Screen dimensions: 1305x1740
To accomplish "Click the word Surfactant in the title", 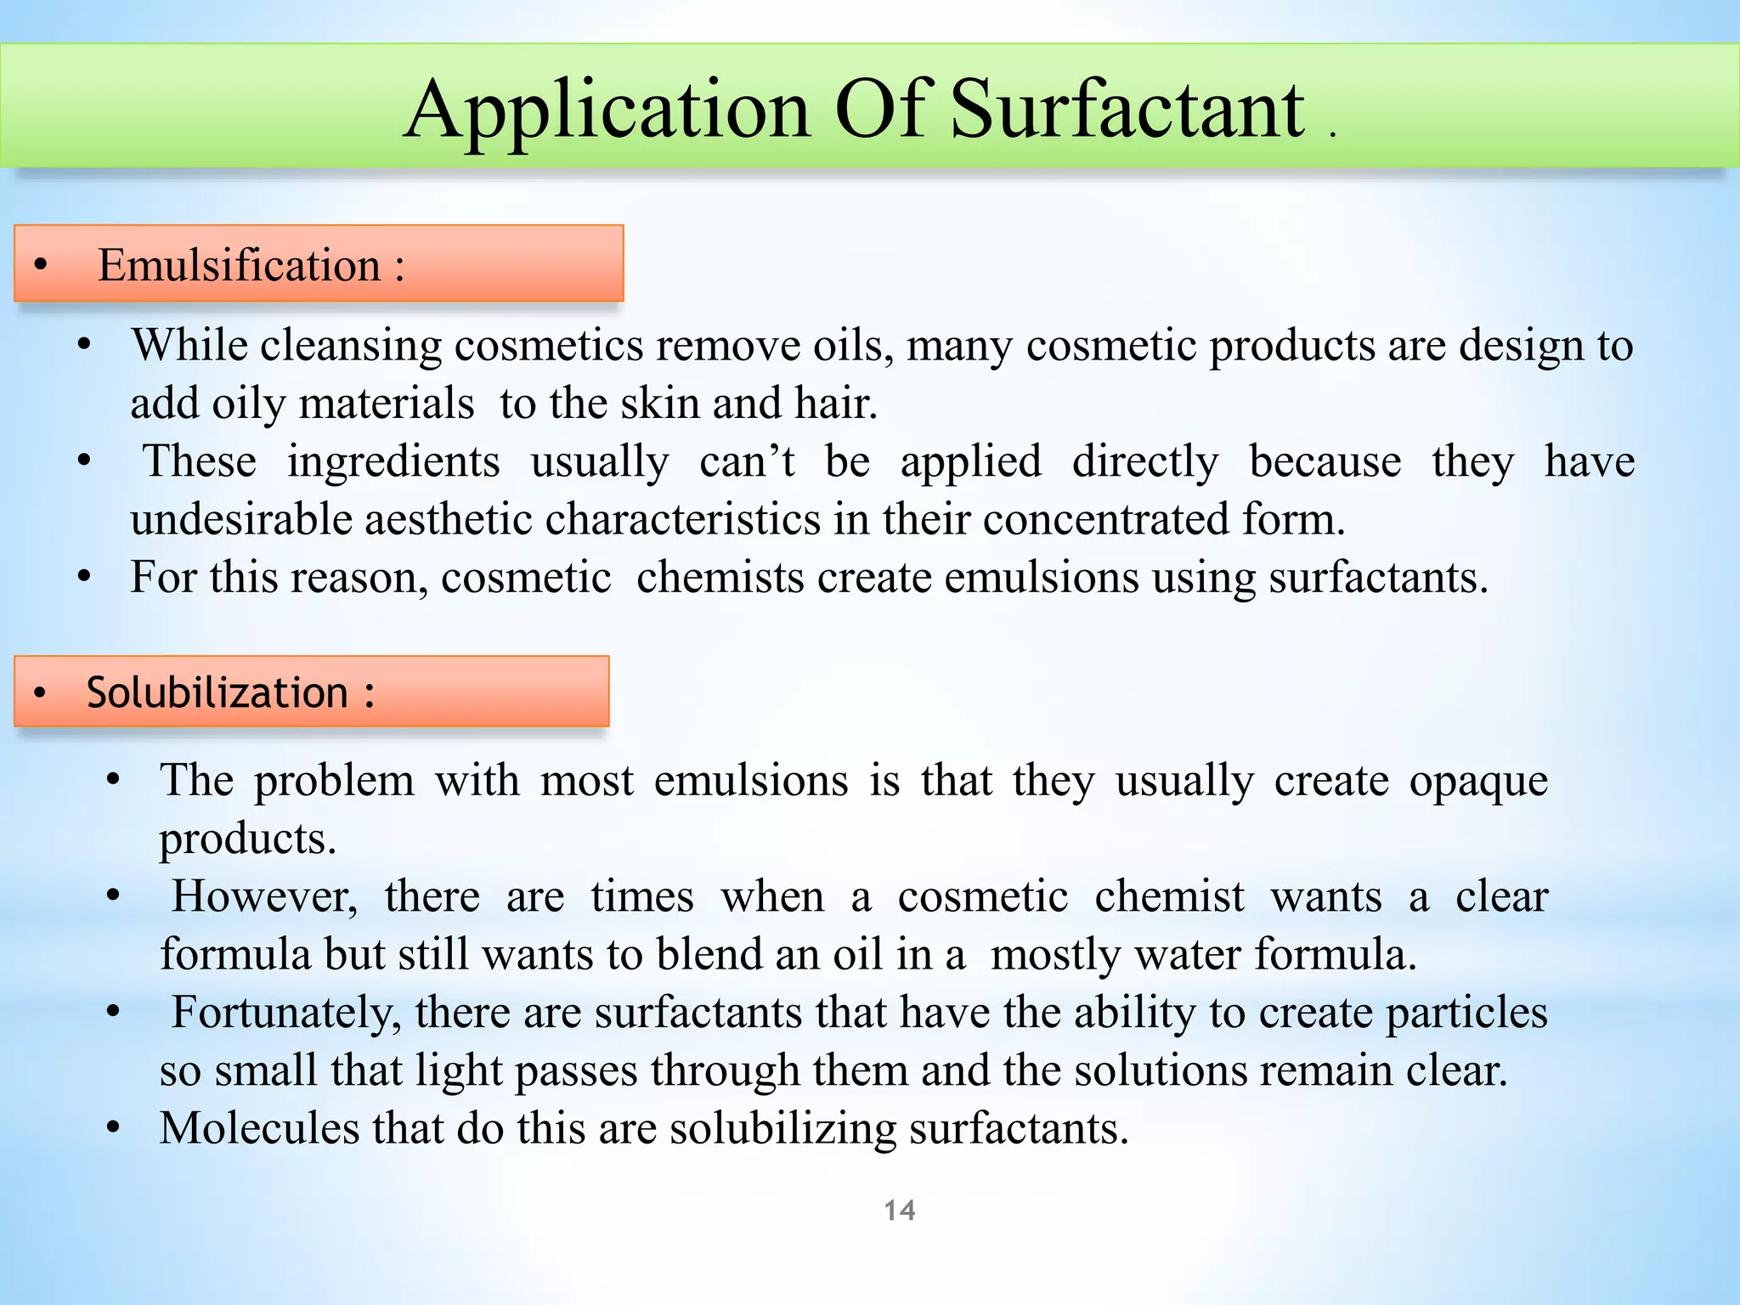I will click(1127, 110).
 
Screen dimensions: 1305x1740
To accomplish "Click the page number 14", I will click(900, 1210).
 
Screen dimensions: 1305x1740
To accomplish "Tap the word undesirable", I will click(240, 519).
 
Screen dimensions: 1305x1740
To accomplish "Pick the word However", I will click(264, 897).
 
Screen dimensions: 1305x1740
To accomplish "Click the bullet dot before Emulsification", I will click(41, 265).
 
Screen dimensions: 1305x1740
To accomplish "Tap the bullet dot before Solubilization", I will click(40, 693).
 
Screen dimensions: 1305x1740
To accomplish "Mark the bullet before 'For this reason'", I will click(83, 578).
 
